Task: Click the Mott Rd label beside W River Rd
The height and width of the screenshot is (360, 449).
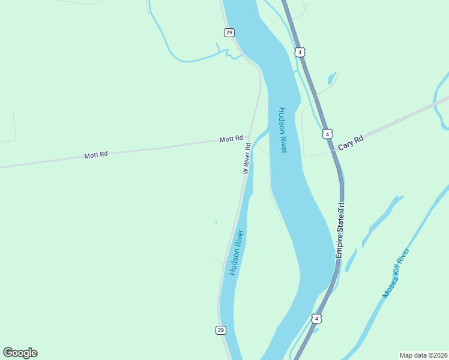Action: point(231,139)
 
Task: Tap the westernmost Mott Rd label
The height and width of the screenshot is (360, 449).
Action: point(96,155)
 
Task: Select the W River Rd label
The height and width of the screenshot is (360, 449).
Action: point(246,158)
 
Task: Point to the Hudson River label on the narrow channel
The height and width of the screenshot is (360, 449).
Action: point(236,252)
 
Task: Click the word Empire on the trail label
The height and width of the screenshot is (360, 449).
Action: point(339,245)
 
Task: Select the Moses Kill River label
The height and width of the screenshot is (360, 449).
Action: point(396,273)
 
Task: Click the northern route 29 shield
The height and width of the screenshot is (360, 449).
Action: point(229,32)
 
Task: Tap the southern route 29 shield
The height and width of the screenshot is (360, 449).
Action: point(221,330)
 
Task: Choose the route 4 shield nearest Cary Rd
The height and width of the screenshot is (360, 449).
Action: point(327,134)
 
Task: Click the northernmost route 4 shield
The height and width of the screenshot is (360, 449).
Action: point(300,52)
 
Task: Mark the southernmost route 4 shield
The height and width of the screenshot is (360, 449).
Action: point(317,318)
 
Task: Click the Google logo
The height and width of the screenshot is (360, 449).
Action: point(20,353)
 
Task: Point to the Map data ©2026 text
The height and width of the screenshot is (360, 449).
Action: point(424,355)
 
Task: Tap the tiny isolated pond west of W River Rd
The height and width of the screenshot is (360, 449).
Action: point(216,223)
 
